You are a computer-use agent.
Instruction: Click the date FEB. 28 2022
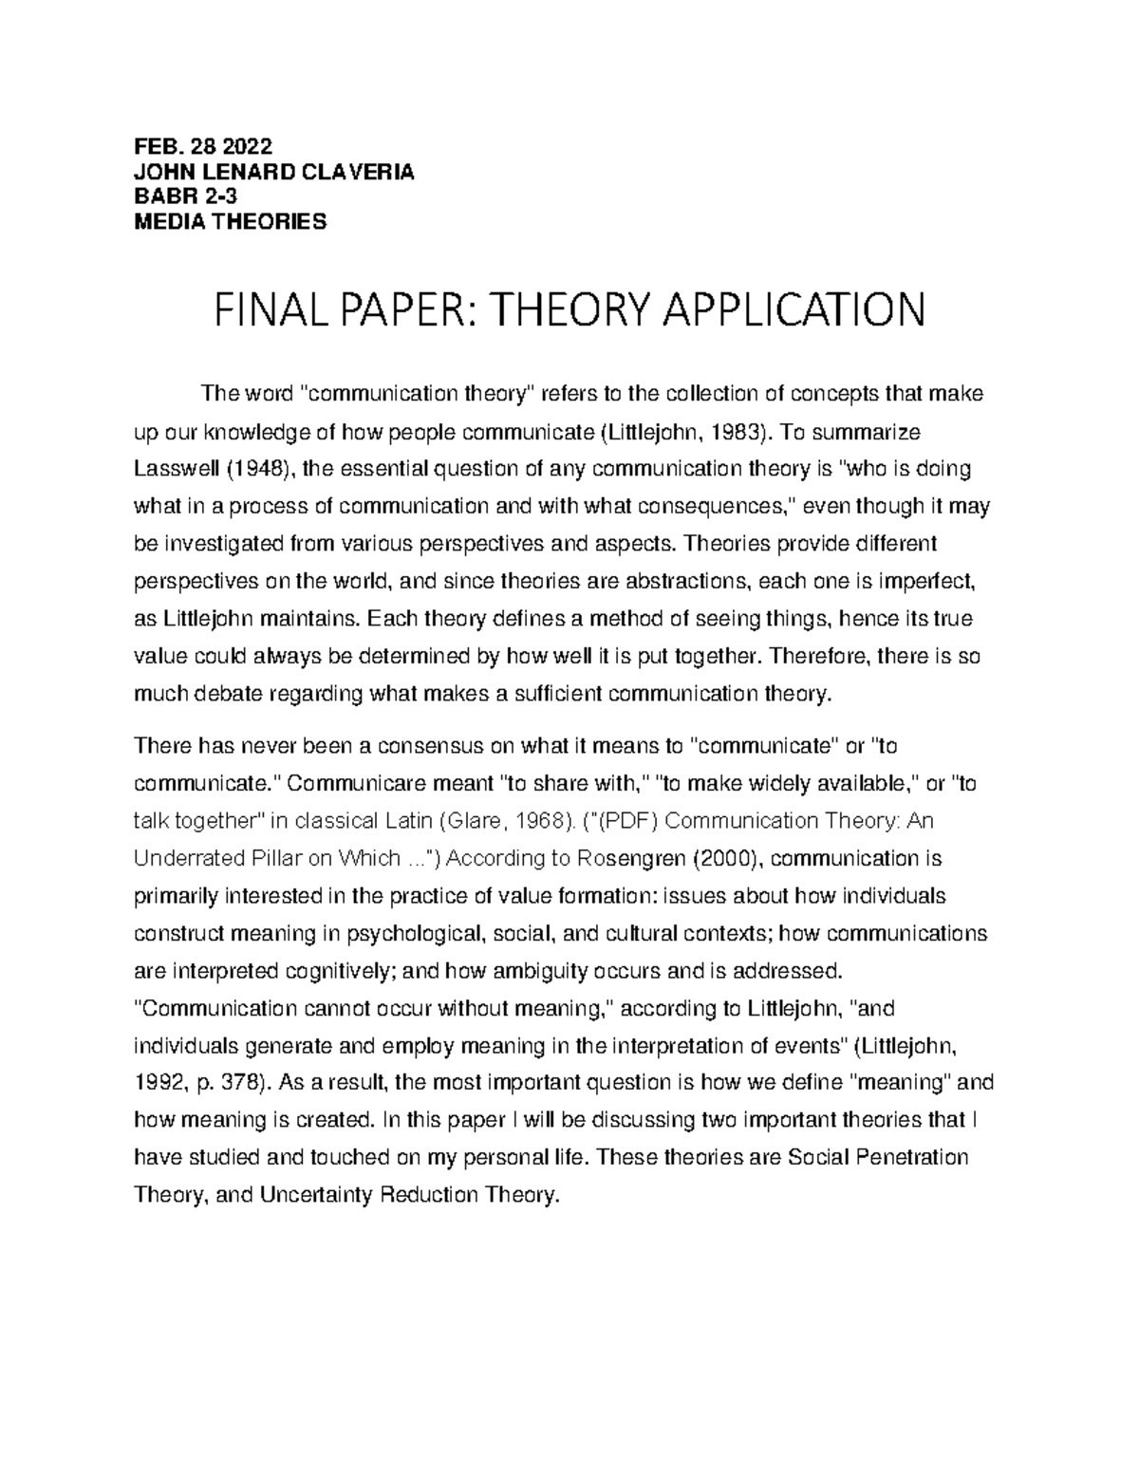point(202,146)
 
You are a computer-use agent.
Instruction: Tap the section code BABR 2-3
point(180,196)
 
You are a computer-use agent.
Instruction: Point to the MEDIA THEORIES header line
point(230,222)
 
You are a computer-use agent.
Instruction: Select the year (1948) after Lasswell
point(245,470)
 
